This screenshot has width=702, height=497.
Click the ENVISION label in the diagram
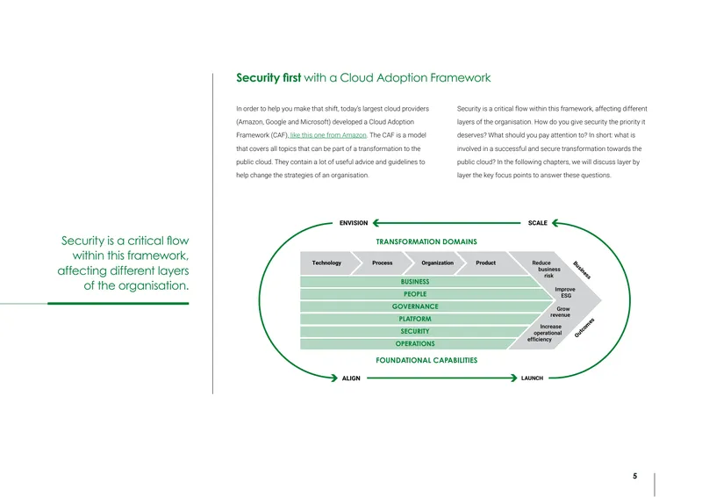click(x=354, y=223)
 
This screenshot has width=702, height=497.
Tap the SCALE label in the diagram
click(x=537, y=223)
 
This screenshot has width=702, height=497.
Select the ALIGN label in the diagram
click(x=351, y=378)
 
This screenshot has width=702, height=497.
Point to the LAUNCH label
click(x=532, y=378)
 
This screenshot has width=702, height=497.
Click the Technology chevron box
click(x=326, y=263)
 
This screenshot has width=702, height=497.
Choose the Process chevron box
click(x=383, y=263)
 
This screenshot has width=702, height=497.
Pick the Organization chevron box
click(x=437, y=263)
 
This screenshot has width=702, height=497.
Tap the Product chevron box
click(x=486, y=263)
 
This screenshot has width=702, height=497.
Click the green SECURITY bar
click(x=414, y=332)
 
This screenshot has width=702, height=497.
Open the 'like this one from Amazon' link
click(x=328, y=135)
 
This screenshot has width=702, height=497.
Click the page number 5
click(x=634, y=476)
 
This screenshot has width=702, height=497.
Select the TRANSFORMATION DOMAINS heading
click(x=426, y=241)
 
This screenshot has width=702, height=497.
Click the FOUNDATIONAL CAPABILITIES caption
click(x=426, y=360)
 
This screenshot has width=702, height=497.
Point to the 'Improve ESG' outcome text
click(x=565, y=292)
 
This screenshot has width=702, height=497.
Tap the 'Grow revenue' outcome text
click(x=561, y=312)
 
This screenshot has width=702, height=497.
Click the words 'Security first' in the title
click(x=269, y=78)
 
